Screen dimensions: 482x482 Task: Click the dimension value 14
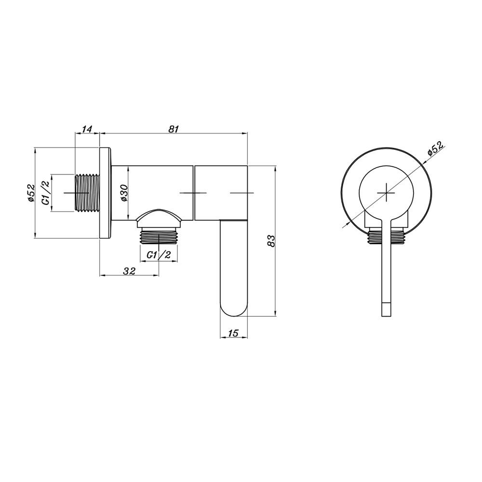coord(87,129)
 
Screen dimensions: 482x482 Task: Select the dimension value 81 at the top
coord(174,129)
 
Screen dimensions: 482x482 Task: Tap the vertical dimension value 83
coord(271,241)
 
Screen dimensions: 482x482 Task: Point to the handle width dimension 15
coord(234,333)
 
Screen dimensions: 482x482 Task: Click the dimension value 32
coord(129,271)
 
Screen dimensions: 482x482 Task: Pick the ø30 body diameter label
coord(124,193)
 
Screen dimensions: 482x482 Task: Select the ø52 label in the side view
coord(31,193)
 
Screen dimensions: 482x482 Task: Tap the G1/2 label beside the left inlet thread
coord(46,193)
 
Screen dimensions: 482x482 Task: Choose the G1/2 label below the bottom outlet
coord(159,254)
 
